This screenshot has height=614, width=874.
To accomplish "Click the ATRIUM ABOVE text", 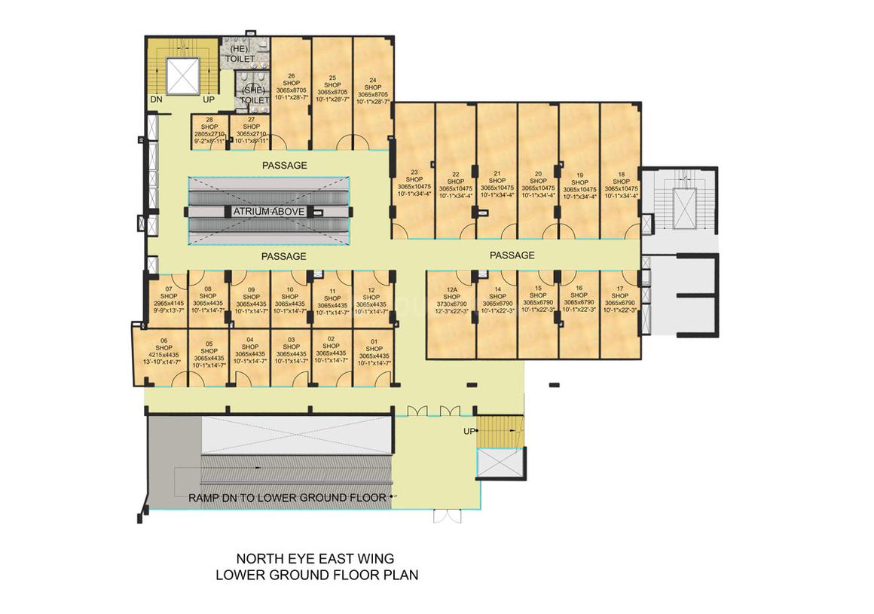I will pos(268,212).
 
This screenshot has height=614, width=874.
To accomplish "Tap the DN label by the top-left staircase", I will pos(156,99).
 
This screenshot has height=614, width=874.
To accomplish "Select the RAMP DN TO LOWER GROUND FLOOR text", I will pos(287,497).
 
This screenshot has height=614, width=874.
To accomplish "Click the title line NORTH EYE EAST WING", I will pos(315,559).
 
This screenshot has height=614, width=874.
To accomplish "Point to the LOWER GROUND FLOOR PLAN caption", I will pos(316,575).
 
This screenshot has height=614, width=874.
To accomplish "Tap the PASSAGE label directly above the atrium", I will pos(284,165).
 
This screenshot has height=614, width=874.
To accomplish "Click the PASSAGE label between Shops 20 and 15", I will pos(512,255).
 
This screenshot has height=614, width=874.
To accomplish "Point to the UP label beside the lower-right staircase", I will pos(469,431).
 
